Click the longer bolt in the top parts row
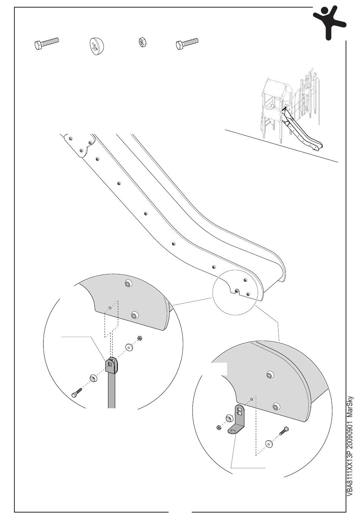46,44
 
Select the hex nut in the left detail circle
139,338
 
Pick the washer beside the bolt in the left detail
93,378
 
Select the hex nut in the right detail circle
219,428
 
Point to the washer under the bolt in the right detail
269,444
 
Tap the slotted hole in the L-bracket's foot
232,431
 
